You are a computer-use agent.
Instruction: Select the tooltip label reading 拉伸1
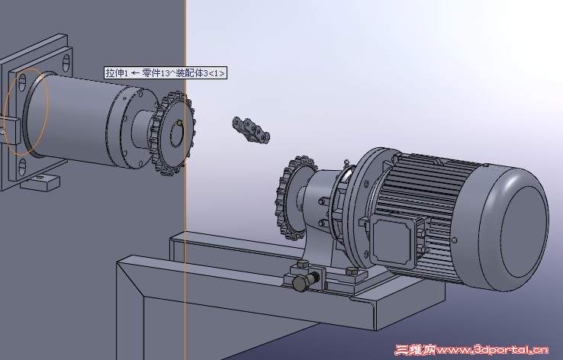tap(117, 73)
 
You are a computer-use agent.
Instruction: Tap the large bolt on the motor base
tap(306, 281)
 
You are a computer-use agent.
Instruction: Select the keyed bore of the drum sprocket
tap(177, 133)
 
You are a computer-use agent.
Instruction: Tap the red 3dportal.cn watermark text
tap(472, 350)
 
